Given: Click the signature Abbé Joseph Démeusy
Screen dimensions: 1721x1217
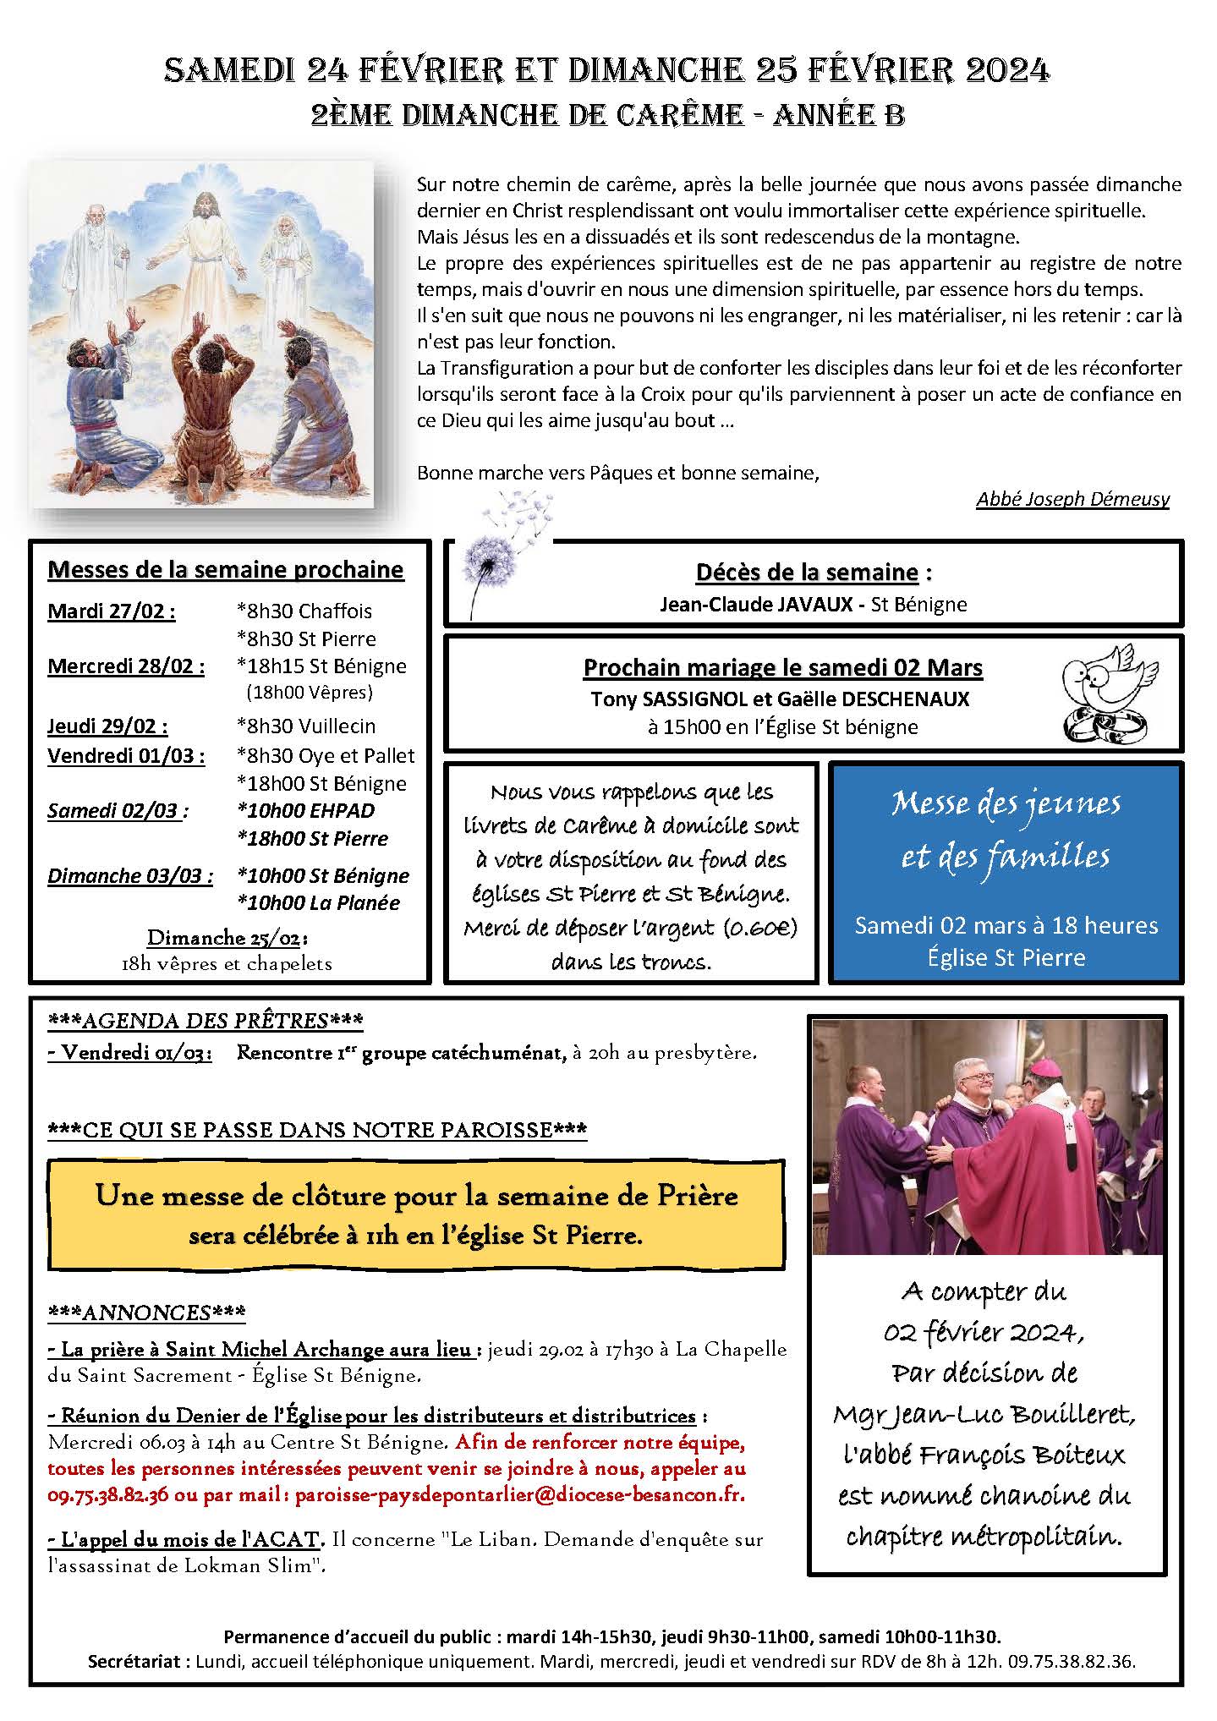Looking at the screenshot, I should point(1072,499).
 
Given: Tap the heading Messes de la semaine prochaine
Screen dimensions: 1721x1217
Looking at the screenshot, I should point(226,570).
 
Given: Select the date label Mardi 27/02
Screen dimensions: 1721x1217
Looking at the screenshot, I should point(112,611).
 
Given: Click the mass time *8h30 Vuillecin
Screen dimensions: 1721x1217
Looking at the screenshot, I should point(306,726).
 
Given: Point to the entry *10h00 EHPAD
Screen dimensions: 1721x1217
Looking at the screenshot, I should point(306,810).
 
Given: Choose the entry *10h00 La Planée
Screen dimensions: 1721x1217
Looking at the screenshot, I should point(319,902).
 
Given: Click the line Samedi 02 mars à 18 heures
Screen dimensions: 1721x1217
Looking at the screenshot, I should point(1006,925).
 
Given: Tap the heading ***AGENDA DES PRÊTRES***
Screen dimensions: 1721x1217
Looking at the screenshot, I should point(206,1021).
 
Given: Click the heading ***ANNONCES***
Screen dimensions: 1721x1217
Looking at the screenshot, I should point(147,1312).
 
